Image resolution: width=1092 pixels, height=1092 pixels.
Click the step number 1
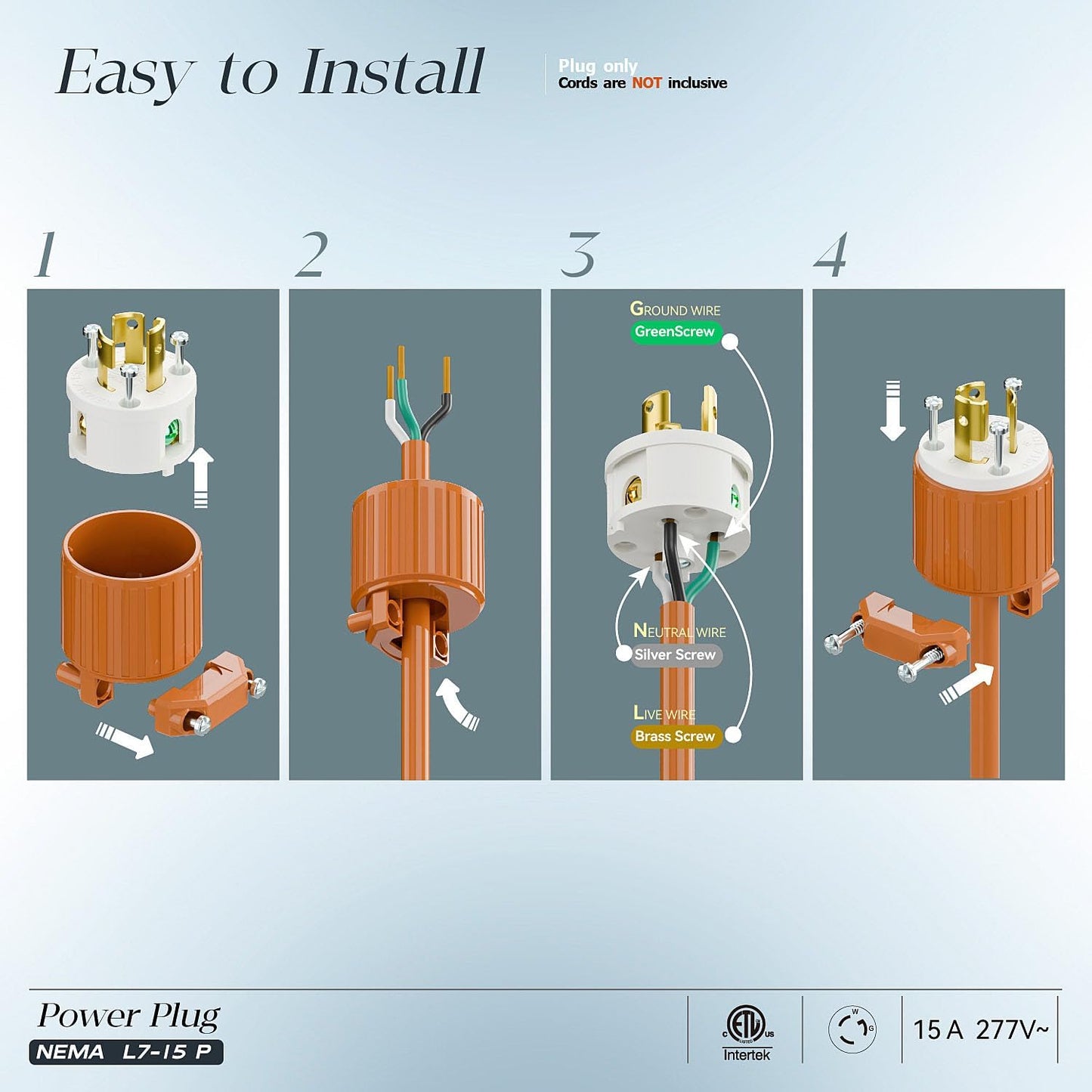45,254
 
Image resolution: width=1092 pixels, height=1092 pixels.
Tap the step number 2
311,254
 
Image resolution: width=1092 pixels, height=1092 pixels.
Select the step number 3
579,254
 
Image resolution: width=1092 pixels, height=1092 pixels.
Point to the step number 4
831,254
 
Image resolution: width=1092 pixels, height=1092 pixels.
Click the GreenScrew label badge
674,332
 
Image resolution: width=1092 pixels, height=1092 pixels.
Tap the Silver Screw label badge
674,655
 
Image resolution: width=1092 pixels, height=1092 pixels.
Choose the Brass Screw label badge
674,736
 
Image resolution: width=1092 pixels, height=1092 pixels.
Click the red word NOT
647,83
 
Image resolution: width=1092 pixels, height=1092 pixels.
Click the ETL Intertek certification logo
747,1032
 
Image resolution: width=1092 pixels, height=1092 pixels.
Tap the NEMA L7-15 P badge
125,1052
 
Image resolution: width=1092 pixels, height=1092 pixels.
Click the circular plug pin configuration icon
852,1029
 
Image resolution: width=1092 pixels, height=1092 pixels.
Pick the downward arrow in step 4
892,411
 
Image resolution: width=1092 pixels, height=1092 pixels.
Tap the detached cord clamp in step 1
206,694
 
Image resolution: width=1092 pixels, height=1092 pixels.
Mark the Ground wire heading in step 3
675,309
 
